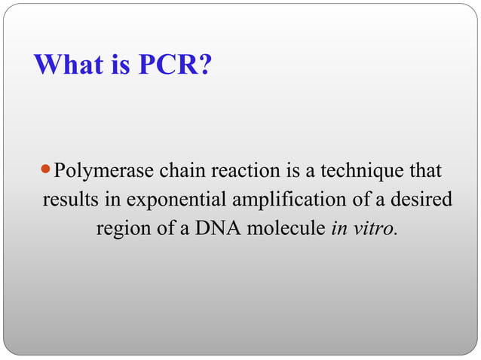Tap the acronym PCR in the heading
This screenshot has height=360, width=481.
(x=168, y=66)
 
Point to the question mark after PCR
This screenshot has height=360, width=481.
(x=205, y=66)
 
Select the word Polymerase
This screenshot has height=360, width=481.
(x=105, y=171)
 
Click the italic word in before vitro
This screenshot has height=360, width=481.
(x=339, y=228)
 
